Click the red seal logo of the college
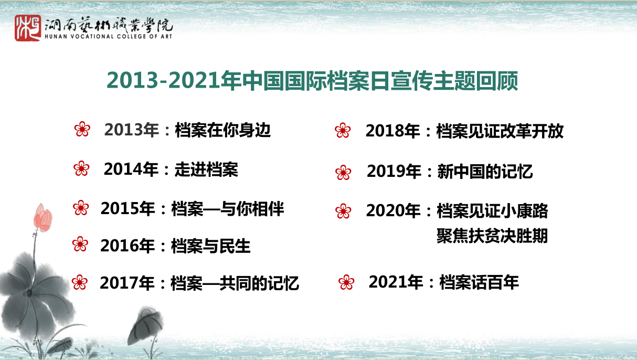click(28, 28)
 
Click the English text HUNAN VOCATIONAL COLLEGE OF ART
click(108, 36)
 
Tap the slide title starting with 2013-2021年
click(312, 81)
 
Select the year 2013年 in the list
click(131, 130)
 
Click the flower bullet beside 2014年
click(82, 168)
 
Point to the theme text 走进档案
click(206, 170)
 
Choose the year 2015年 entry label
click(128, 208)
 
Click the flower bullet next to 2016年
click(80, 244)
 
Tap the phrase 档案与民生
click(211, 246)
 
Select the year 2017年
click(127, 283)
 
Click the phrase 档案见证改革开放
click(500, 131)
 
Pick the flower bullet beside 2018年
click(343, 131)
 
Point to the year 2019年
click(394, 172)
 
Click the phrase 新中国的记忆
click(485, 172)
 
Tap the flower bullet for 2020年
click(343, 211)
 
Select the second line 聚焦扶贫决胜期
click(492, 236)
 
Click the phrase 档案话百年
click(479, 282)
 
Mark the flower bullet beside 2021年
click(346, 282)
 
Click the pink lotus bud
click(43, 218)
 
